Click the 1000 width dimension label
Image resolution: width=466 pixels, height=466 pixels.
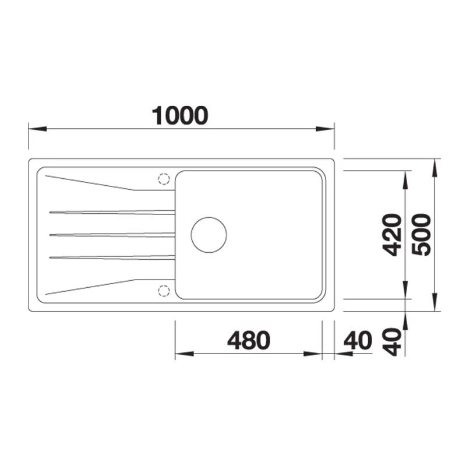(x=180, y=115)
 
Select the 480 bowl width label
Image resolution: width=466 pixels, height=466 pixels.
(x=249, y=340)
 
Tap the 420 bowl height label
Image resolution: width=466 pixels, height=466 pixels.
(x=392, y=235)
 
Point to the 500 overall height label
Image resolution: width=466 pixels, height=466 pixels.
(x=421, y=235)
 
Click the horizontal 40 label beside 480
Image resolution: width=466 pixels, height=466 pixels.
(x=358, y=340)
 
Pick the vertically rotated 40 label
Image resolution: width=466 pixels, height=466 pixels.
(x=392, y=342)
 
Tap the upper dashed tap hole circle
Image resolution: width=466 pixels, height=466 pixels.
(x=164, y=179)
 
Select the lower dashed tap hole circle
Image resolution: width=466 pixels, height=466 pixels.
(x=164, y=291)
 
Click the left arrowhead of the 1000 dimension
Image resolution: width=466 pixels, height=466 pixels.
(x=38, y=129)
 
